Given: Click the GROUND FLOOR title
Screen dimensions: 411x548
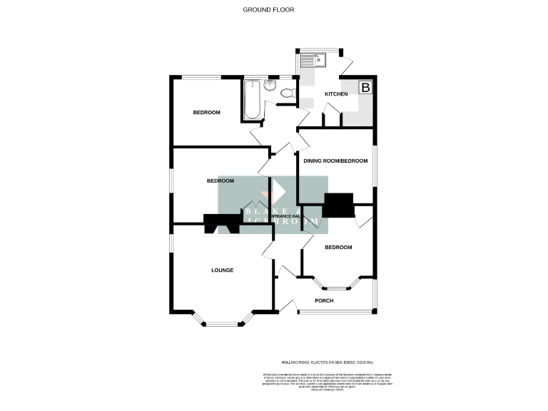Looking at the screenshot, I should click(268, 10).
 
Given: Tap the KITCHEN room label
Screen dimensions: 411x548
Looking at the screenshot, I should click(336, 94).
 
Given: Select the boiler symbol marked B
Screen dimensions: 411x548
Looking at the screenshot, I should click(365, 88).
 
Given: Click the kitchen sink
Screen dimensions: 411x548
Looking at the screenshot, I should click(314, 61).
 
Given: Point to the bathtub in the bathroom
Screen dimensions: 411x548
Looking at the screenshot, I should click(251, 100).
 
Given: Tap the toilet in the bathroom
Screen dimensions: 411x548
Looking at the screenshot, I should click(288, 93).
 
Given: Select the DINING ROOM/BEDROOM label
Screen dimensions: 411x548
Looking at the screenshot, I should click(335, 161).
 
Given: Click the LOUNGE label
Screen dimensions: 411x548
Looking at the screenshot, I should click(222, 270).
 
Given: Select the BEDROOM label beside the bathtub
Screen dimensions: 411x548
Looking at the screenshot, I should click(206, 113).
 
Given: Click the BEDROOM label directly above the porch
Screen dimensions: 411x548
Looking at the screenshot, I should click(338, 248).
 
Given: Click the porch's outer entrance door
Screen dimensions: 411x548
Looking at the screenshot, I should click(288, 306).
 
